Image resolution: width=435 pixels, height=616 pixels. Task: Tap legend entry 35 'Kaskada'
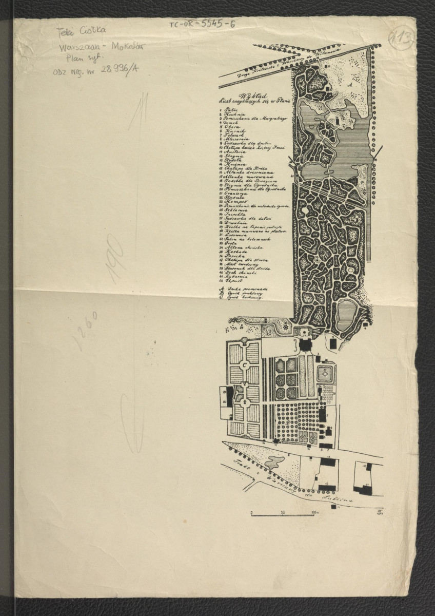234,256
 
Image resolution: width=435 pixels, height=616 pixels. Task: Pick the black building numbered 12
326,486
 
